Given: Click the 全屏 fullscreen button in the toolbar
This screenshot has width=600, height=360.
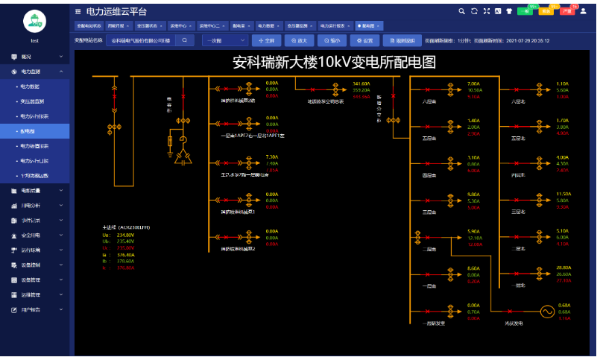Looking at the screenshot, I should click(267, 40).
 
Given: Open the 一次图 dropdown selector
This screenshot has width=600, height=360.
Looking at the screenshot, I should click(224, 40).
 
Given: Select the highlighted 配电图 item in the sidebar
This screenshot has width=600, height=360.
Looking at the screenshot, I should click(34, 130).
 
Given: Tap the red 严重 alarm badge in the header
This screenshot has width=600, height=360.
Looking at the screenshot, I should click(568, 11).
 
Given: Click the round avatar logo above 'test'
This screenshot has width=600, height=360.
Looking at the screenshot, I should click(34, 20).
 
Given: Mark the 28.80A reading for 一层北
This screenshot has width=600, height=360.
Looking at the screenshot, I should click(563, 267).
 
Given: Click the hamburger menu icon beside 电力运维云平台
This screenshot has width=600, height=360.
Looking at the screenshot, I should click(78, 11).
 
